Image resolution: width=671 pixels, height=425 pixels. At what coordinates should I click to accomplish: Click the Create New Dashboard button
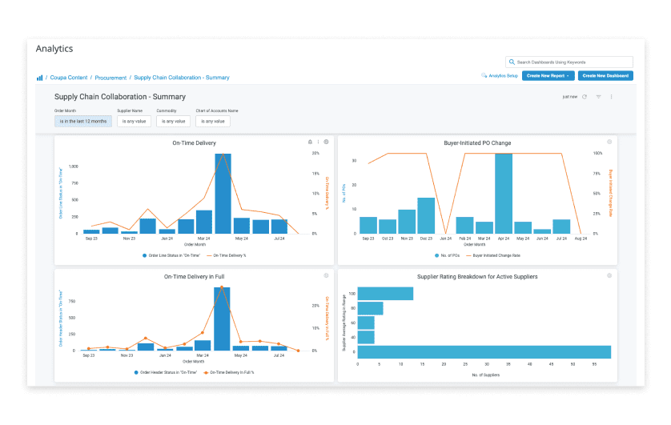pos(605,75)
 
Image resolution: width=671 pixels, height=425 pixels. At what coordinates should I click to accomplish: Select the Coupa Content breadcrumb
pos(68,78)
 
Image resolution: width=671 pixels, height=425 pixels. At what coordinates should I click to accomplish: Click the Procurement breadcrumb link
pos(110,78)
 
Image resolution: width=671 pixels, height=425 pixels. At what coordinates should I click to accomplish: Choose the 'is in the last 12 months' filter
pos(82,121)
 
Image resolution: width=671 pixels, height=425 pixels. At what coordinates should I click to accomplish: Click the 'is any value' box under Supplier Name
pos(134,121)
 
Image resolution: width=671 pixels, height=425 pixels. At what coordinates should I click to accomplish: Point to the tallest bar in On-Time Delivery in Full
pos(222,319)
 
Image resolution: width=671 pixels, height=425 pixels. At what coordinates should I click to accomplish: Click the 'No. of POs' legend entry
pos(445,255)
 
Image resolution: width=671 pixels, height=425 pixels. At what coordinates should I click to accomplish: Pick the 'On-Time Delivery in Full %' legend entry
pos(236,373)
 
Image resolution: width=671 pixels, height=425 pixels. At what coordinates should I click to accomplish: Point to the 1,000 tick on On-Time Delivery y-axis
pos(74,166)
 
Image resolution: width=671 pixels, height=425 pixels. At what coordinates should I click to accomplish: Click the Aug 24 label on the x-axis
pos(581,239)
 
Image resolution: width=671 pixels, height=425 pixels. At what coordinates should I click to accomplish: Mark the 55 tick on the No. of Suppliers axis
pos(594,364)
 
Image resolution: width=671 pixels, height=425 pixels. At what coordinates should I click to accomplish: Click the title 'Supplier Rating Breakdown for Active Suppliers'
pos(477,276)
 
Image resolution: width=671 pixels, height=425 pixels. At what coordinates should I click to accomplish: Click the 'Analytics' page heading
pos(54,49)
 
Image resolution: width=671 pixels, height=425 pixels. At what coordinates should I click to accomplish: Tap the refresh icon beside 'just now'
pos(585,97)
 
